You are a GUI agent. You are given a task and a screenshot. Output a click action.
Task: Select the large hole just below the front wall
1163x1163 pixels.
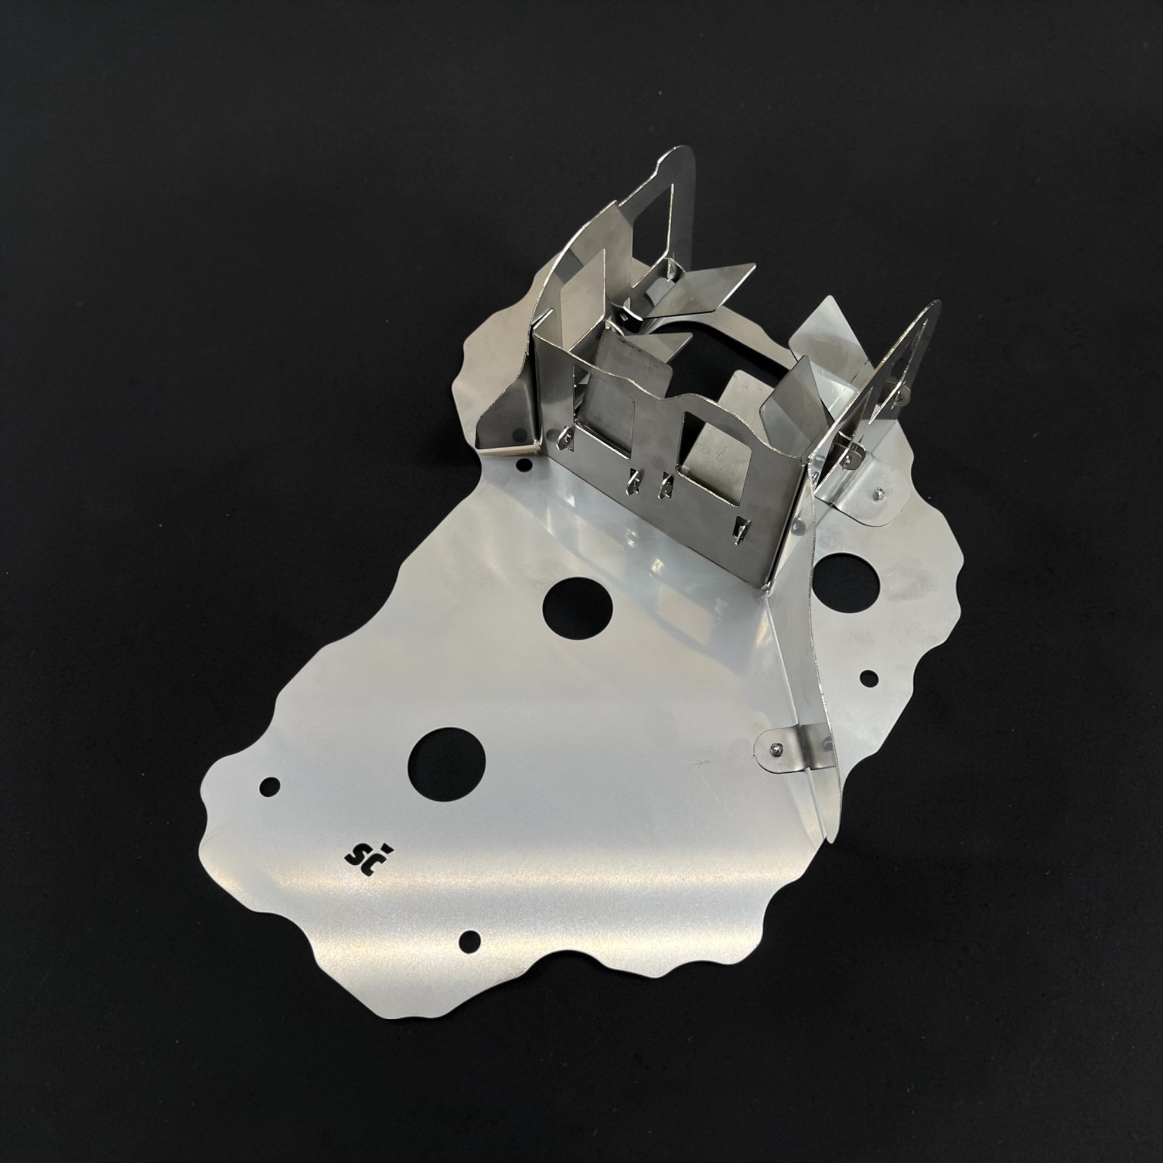click(577, 608)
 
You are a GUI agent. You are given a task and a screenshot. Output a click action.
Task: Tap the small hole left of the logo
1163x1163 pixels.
click(269, 785)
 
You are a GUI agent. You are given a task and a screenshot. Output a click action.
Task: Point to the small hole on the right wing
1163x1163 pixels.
click(868, 678)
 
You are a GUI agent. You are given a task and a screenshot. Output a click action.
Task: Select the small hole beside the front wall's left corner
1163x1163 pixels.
click(525, 464)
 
